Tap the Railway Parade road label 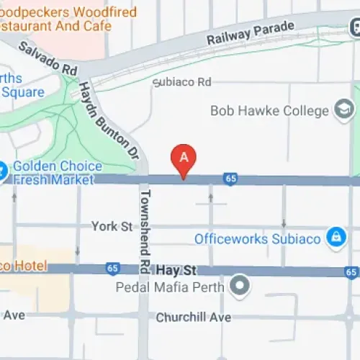(x=250, y=33)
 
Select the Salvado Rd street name (x=48, y=58)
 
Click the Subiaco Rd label (x=185, y=82)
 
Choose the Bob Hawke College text (x=269, y=111)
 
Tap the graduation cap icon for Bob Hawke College (x=344, y=110)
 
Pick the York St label (x=112, y=227)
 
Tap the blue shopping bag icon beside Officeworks (x=335, y=237)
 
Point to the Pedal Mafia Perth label (x=171, y=287)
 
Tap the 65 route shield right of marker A (x=230, y=179)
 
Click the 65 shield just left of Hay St (x=112, y=268)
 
